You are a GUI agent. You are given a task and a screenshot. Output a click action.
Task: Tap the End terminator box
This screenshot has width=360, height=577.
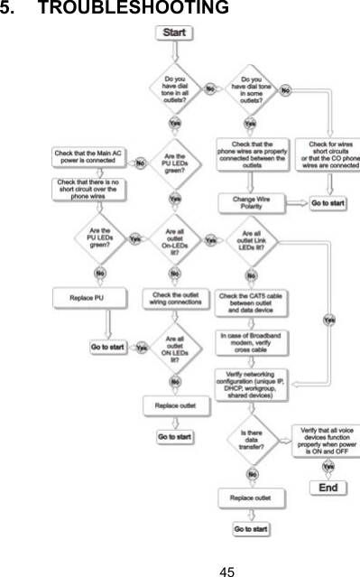pyautogui.click(x=328, y=488)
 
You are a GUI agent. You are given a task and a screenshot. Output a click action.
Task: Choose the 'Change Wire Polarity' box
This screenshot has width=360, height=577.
pyautogui.click(x=250, y=203)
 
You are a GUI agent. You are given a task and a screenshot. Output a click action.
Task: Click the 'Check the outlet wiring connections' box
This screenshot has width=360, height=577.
pyautogui.click(x=174, y=295)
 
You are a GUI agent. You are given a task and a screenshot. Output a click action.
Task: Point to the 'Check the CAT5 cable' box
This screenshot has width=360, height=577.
pyautogui.click(x=252, y=301)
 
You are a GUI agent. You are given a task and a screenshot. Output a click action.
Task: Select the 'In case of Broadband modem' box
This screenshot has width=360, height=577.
pyautogui.click(x=251, y=340)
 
